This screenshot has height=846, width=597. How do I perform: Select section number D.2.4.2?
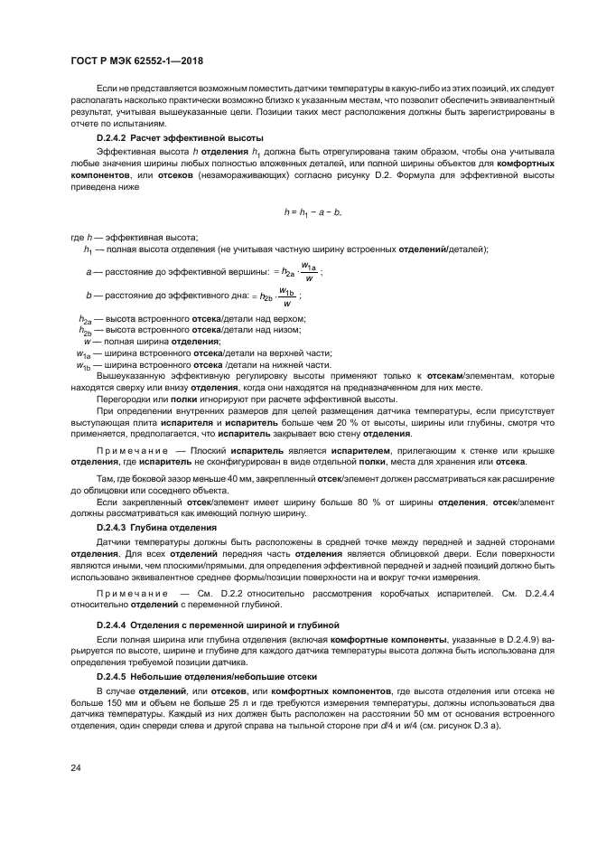(115, 136)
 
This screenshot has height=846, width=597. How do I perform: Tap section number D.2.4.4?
(115, 625)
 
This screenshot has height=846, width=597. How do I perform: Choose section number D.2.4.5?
(115, 676)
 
